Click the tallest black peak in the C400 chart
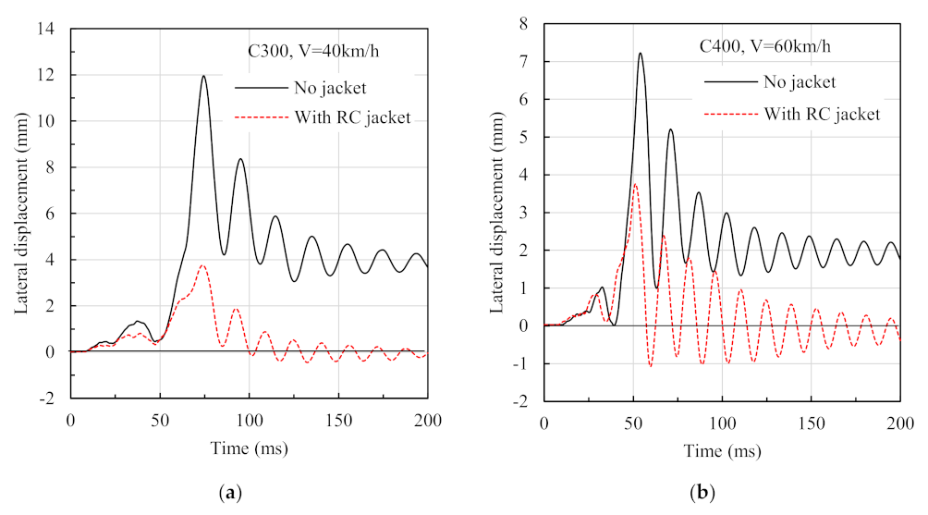pos(640,54)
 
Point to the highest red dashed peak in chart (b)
pos(634,184)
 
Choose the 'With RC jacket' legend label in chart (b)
pos(822,114)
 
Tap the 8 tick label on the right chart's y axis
pos(523,24)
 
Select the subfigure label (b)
pos(707,494)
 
